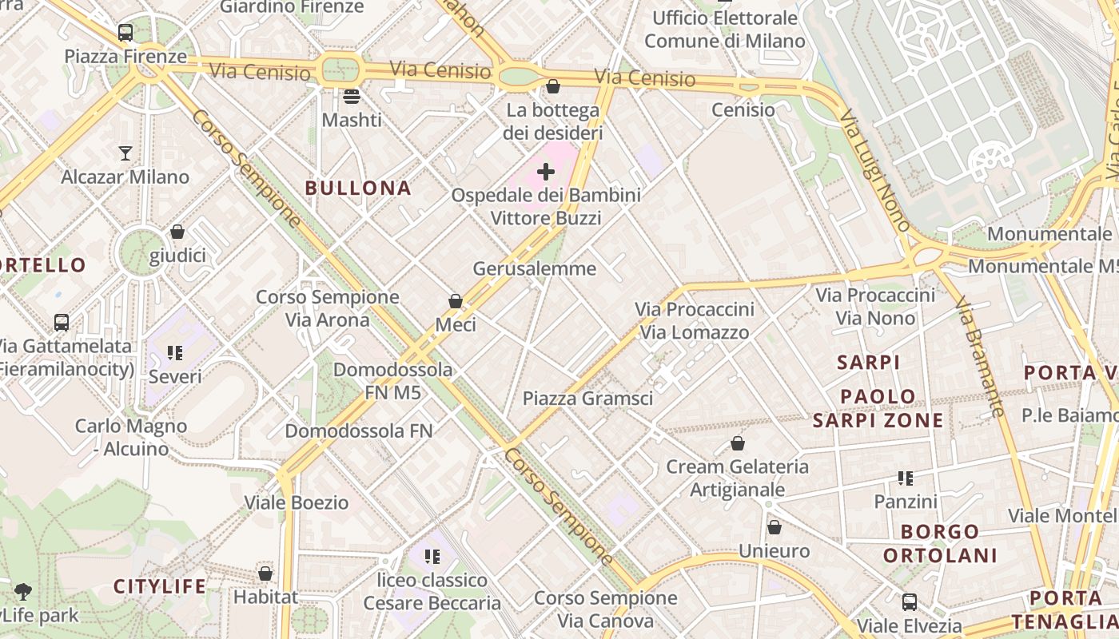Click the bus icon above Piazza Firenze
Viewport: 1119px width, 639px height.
[125, 33]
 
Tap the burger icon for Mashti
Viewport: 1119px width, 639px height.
[352, 97]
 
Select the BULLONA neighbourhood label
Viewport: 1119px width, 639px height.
[358, 189]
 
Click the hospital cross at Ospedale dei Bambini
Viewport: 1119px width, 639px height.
[546, 172]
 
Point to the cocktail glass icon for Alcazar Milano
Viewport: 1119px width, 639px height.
[125, 153]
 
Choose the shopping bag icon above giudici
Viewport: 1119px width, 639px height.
[177, 232]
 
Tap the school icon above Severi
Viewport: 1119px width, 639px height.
[175, 352]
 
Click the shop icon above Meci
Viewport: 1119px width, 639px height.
[456, 301]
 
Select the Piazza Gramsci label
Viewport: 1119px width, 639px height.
[587, 399]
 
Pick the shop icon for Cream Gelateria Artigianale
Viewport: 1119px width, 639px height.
[738, 443]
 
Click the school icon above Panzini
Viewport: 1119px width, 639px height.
[906, 478]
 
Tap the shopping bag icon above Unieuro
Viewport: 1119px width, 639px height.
[774, 527]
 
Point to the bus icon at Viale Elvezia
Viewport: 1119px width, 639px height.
[910, 601]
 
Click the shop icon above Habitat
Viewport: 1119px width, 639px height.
[265, 574]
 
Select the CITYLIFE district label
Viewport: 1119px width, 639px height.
[160, 587]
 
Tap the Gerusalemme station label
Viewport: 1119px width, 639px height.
[534, 268]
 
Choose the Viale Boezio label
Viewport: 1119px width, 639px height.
[296, 502]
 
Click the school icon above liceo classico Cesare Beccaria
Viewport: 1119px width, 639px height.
[432, 556]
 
